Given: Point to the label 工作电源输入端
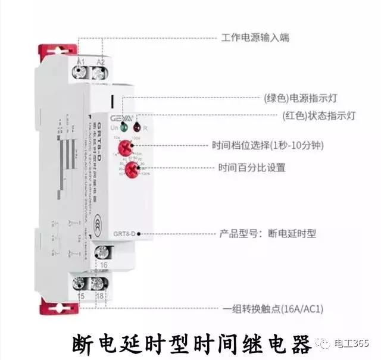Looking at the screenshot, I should tap(255, 37).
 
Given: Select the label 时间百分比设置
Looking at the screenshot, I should tap(252, 168).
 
